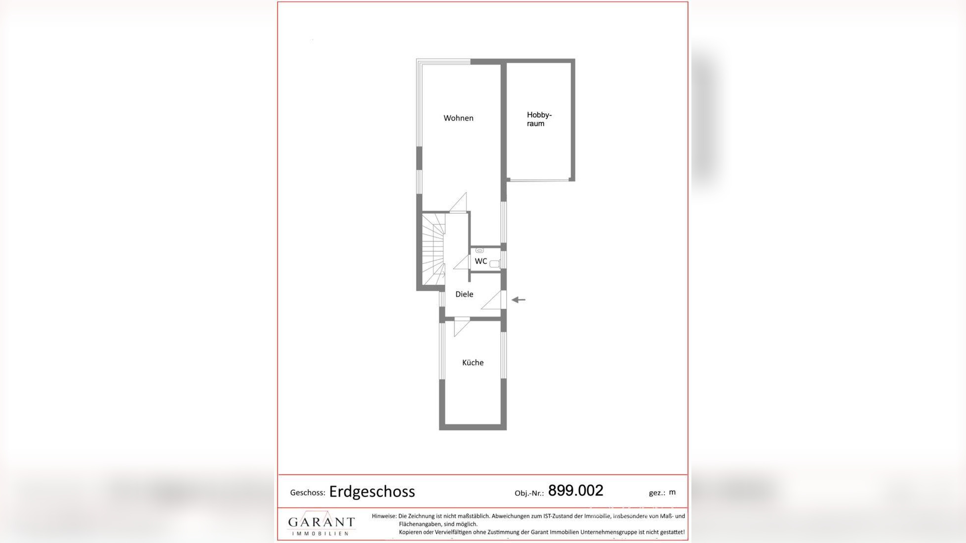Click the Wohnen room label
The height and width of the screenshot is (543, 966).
(458, 118)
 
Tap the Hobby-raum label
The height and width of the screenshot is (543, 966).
(538, 119)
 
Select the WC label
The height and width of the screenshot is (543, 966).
(481, 261)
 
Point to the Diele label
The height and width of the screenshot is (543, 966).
(464, 294)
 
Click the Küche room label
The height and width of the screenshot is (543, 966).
(473, 362)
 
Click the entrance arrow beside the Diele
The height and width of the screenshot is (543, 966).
(518, 300)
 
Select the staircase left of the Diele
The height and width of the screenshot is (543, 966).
(433, 249)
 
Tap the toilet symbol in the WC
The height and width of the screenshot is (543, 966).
(494, 264)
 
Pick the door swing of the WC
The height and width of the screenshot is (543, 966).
(462, 263)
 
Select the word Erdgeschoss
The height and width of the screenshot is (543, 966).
(372, 492)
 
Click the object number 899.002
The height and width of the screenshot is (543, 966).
(575, 491)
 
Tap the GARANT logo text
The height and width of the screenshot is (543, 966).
(322, 522)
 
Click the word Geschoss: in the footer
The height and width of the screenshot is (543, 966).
(307, 493)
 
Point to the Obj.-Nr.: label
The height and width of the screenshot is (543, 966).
(529, 493)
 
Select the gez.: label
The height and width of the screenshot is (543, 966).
(657, 493)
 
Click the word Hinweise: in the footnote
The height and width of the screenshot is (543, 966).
(384, 516)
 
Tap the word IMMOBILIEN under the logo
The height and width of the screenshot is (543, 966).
(322, 534)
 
